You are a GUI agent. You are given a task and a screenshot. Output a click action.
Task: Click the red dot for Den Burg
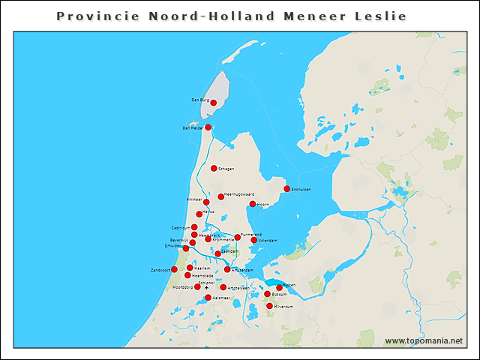pos(214,103)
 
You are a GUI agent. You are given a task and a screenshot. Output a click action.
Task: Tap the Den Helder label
pos(193,128)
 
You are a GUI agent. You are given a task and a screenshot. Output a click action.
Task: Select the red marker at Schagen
pos(214,169)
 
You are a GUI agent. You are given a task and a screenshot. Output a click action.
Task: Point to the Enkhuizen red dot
pos(286,189)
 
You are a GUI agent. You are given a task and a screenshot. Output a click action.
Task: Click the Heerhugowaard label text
pos(240,195)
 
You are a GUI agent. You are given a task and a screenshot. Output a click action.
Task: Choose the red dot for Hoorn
pos(253,204)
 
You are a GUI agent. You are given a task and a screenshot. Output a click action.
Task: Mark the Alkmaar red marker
pos(206,202)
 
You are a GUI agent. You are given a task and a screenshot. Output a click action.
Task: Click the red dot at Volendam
pos(253,240)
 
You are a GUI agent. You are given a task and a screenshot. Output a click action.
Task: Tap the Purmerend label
pos(252,235)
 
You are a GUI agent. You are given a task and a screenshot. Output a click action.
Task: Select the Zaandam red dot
pos(217,253)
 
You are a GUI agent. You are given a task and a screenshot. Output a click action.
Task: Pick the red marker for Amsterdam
pos(227,269)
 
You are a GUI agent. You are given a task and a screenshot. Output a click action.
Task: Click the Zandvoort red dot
pos(174,269)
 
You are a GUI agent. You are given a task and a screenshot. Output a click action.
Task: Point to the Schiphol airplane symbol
pos(206,287)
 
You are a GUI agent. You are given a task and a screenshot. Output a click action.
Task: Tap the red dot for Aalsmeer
pos(208,298)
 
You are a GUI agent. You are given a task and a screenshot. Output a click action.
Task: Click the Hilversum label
pos(283,306)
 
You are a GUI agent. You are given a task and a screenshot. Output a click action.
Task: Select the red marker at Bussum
pos(267,294)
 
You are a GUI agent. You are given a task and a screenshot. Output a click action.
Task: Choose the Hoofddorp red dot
pos(197,286)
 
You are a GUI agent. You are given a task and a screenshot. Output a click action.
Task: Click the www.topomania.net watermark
pos(423,341)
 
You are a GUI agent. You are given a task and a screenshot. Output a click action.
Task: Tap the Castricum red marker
pos(194,227)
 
